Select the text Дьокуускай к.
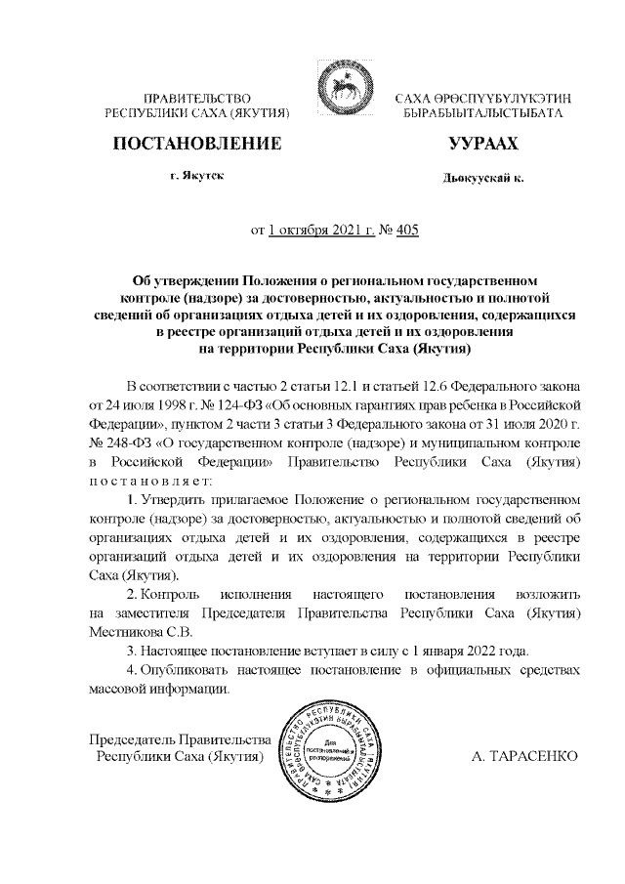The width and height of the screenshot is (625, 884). tap(482, 180)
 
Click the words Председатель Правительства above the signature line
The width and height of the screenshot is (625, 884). tap(180, 737)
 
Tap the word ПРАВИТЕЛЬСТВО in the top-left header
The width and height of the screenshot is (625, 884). tap(198, 99)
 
